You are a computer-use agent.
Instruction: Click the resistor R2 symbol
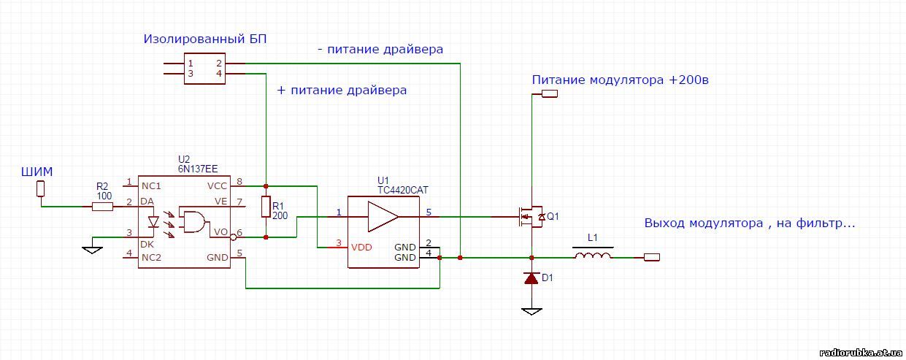(x=103, y=207)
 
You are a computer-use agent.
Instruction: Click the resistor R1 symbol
(x=266, y=207)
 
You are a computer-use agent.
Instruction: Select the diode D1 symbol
(x=532, y=278)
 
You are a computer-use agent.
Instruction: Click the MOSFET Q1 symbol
(x=532, y=216)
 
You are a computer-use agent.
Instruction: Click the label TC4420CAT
(x=402, y=190)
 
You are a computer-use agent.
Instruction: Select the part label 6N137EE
(x=198, y=167)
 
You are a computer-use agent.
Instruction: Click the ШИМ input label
(x=37, y=172)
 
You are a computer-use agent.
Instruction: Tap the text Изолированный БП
(x=205, y=39)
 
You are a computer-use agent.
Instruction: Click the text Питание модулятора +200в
(x=621, y=80)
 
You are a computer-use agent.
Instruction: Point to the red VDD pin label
(x=361, y=247)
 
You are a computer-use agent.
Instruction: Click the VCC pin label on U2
(x=218, y=185)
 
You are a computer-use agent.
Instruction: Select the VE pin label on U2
(x=220, y=201)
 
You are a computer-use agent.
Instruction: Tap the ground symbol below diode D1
(x=532, y=311)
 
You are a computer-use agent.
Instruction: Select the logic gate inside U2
(x=193, y=221)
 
